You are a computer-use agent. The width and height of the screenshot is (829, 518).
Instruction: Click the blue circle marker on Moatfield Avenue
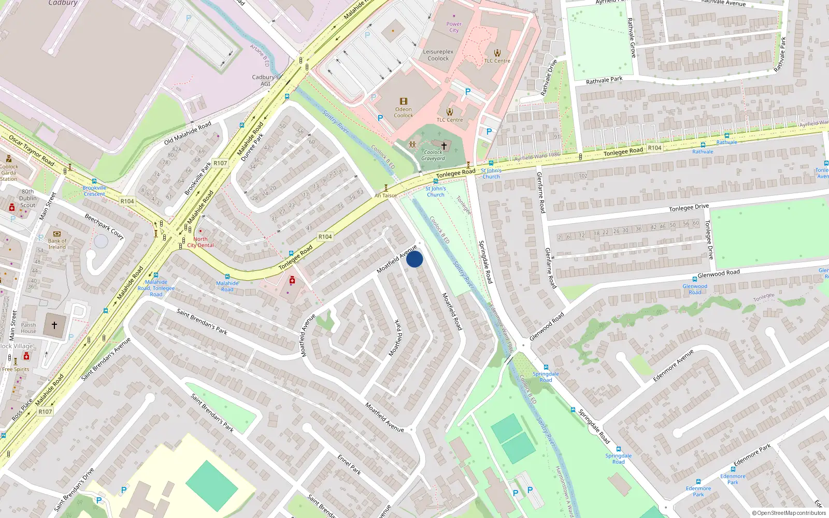(414, 259)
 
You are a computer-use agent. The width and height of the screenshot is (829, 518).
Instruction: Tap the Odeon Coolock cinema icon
(404, 102)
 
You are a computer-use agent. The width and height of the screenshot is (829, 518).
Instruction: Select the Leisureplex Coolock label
(438, 55)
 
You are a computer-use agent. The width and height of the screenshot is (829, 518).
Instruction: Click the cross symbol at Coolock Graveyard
(444, 146)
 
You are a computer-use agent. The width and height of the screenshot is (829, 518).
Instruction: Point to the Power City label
(454, 27)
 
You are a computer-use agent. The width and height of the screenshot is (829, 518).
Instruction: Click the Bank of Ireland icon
(57, 234)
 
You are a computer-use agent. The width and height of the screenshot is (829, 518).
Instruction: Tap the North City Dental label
(201, 242)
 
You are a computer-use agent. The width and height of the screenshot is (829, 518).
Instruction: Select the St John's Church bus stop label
(436, 192)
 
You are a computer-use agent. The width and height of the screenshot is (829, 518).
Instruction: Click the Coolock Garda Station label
(9, 172)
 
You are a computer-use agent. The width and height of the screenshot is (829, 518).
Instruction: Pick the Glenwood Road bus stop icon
(695, 280)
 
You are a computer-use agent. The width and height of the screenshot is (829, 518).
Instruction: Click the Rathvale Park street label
(604, 80)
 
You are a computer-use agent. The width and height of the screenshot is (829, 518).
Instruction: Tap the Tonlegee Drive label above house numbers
(688, 208)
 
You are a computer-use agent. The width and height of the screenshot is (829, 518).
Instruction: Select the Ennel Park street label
(349, 465)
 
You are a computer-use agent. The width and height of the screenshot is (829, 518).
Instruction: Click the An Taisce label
(385, 196)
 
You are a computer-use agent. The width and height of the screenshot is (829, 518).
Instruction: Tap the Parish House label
(28, 328)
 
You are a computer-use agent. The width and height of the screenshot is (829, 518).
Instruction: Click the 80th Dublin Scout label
(28, 198)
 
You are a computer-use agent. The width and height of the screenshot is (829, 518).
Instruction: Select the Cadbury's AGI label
(265, 80)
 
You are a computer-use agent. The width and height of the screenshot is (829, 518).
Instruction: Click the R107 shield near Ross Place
(45, 412)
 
